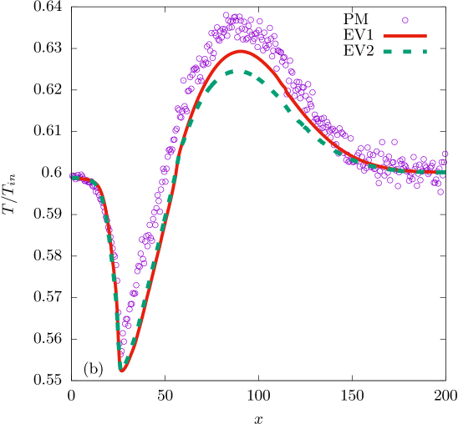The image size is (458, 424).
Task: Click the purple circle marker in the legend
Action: (405, 20)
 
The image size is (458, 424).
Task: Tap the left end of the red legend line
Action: (384, 36)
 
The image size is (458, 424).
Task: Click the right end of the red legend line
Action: (426, 36)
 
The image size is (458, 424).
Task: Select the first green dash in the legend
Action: (388, 52)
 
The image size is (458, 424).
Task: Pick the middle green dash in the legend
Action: (406, 52)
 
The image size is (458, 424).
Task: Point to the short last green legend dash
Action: (425, 52)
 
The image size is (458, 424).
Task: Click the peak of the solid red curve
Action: (242, 51)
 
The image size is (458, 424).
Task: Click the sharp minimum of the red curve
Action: (122, 371)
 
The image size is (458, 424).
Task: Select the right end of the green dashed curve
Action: (443, 173)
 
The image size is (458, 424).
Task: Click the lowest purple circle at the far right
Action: (440, 192)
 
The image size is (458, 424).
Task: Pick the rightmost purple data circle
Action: (445, 154)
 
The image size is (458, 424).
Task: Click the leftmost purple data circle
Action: (73, 176)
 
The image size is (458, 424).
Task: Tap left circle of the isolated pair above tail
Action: (382, 142)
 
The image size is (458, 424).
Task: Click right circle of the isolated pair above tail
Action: (394, 142)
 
